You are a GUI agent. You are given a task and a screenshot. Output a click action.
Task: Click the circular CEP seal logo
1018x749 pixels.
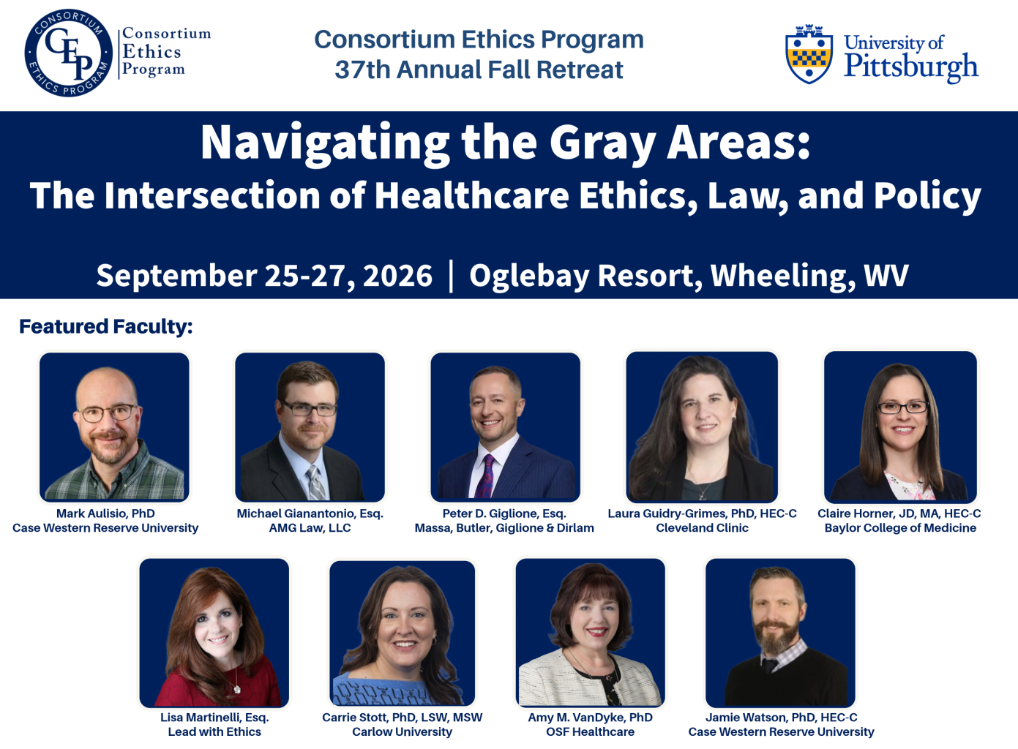(x=69, y=53)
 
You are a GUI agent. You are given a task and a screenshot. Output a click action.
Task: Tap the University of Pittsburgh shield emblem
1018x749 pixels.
(x=809, y=55)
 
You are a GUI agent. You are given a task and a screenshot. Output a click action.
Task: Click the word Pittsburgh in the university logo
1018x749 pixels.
(x=910, y=67)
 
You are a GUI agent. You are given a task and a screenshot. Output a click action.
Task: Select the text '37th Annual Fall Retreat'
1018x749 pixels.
(x=479, y=70)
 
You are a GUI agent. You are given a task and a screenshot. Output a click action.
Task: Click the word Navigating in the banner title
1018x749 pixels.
(x=325, y=142)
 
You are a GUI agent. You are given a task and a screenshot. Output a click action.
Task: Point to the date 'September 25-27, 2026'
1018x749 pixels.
(x=264, y=275)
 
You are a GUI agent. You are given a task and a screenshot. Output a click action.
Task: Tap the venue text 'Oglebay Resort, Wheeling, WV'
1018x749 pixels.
(x=689, y=275)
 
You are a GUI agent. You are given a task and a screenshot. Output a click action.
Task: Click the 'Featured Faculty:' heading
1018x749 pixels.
(x=106, y=326)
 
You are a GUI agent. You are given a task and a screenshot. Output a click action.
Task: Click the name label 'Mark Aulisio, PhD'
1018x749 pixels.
(x=105, y=513)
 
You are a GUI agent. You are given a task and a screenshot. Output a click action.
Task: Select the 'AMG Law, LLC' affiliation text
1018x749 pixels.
(x=310, y=528)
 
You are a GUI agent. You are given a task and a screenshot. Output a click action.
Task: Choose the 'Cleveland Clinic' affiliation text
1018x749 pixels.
(x=702, y=528)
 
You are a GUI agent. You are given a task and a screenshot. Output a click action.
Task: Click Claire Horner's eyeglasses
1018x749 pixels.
(x=902, y=407)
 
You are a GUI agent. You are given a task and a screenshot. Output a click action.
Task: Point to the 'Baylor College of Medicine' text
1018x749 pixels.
(x=900, y=528)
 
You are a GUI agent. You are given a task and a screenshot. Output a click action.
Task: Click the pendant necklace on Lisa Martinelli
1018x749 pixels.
(x=237, y=689)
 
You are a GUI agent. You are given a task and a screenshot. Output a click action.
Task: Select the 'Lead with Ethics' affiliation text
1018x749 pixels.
(x=214, y=731)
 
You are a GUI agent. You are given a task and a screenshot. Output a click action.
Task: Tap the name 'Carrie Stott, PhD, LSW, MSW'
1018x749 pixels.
(x=403, y=718)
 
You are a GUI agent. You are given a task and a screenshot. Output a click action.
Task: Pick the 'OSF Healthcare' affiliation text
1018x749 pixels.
(x=591, y=731)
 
